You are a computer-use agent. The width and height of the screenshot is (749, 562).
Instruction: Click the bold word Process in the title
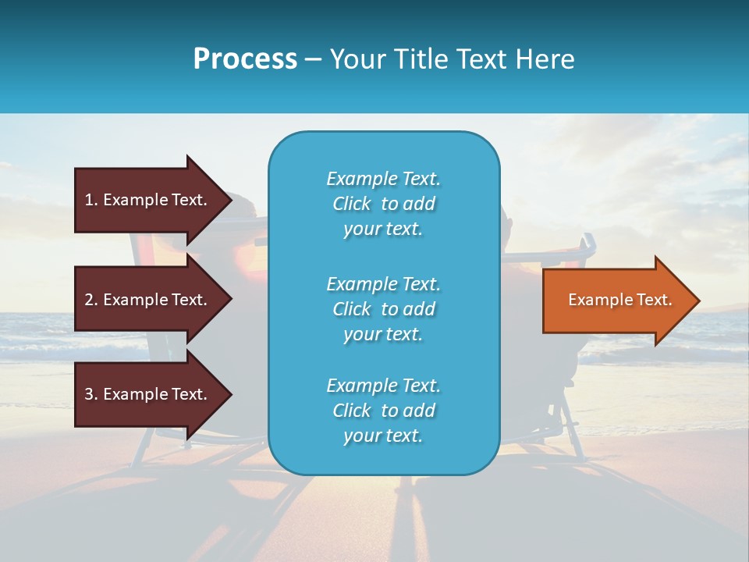[245, 59]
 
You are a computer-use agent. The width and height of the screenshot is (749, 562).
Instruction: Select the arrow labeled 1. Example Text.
[148, 200]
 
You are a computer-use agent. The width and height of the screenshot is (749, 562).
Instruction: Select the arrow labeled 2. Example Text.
[148, 300]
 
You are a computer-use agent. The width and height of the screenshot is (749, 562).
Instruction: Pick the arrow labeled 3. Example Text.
[148, 394]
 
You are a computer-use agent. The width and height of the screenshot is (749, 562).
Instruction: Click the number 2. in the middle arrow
[91, 300]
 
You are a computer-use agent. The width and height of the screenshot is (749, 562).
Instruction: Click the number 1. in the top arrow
[91, 200]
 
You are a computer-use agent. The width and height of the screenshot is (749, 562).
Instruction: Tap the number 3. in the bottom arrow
[91, 394]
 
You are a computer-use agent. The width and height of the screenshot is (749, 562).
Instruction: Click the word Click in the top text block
[352, 204]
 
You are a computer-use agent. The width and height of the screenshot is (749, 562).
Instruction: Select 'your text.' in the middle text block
[383, 334]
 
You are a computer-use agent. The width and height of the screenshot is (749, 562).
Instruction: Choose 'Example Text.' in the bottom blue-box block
[383, 386]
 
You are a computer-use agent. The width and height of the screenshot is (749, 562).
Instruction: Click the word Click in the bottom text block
[352, 411]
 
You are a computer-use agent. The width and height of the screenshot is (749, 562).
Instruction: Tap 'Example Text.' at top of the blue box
[383, 179]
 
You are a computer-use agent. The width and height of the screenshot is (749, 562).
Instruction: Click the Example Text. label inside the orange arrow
[619, 300]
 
